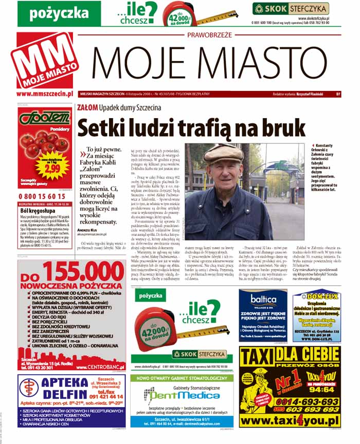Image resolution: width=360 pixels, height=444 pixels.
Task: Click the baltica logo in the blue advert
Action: click(x=263, y=299)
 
